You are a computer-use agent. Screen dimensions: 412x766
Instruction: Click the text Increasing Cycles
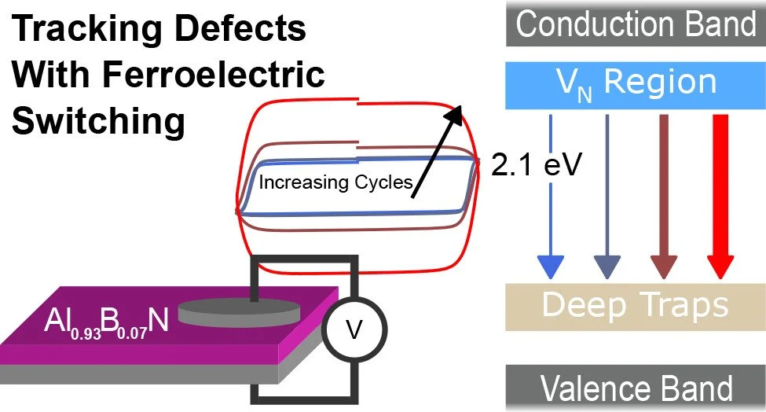pyautogui.click(x=335, y=183)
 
